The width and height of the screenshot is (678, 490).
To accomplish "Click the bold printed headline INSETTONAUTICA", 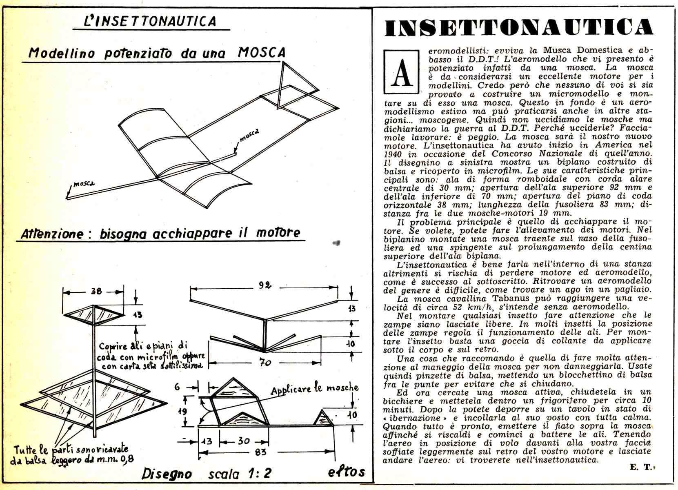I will [x=518, y=27].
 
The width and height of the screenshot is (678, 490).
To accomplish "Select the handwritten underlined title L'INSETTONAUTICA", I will [x=150, y=21].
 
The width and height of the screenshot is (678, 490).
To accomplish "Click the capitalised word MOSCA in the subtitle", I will [x=262, y=52].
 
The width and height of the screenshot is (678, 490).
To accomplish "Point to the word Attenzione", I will [x=52, y=234].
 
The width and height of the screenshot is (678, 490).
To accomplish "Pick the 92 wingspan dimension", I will [x=265, y=285].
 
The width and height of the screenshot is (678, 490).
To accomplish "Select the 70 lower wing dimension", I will [x=265, y=362].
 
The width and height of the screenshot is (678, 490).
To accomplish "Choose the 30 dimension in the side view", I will [x=244, y=441].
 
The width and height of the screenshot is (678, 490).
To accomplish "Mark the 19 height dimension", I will [x=182, y=411].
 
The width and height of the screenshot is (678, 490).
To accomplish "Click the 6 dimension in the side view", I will [x=177, y=386].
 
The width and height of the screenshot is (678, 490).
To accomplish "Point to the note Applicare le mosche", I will [x=314, y=389].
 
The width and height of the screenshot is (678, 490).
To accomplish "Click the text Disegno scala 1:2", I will [x=206, y=474].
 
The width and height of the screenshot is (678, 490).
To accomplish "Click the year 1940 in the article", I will [x=393, y=154].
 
